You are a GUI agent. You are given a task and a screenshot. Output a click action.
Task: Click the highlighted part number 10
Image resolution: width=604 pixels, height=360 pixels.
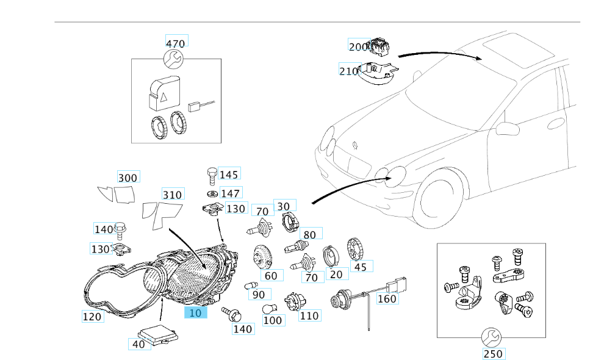click(196, 313)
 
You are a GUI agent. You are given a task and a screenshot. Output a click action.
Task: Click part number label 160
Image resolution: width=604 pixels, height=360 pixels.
click(387, 299)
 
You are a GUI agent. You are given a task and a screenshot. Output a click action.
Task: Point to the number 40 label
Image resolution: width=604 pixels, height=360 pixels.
click(138, 344)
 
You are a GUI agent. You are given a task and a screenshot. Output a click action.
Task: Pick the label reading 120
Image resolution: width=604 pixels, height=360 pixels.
click(93, 316)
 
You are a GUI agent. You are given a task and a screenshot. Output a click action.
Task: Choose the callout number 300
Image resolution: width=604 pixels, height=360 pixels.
click(128, 178)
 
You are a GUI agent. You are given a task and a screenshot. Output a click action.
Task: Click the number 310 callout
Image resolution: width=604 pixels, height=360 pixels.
click(172, 195)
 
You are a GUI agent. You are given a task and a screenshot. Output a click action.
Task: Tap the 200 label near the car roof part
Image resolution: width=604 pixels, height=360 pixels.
click(358, 46)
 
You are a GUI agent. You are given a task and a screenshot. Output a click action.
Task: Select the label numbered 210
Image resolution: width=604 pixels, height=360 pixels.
click(348, 71)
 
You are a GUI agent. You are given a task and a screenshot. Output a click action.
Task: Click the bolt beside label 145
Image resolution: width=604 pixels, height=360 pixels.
click(212, 175)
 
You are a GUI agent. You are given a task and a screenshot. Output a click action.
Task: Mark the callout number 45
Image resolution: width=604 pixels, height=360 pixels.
click(360, 266)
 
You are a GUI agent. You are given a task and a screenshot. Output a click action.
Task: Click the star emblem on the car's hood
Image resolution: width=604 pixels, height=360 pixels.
click(354, 145)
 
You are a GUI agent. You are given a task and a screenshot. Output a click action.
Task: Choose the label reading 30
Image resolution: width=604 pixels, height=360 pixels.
click(283, 206)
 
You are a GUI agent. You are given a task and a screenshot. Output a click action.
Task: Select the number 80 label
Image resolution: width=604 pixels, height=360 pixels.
click(309, 234)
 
